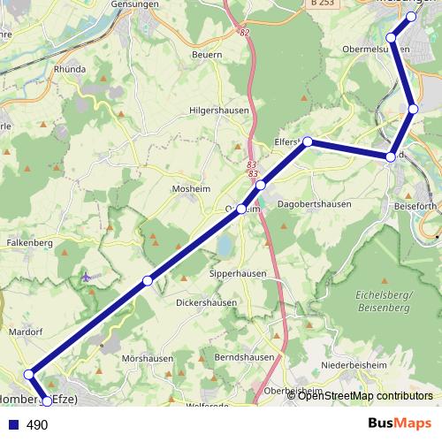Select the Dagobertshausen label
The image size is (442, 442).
coord(314,204)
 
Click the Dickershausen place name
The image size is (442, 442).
coord(206,301)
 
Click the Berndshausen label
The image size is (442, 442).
coord(244,357)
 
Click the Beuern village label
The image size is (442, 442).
coord(207,54)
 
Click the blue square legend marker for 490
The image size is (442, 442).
coord(14,425)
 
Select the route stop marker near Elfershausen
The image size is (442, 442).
coord(308,141)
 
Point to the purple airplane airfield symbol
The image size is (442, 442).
coord(85,278)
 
